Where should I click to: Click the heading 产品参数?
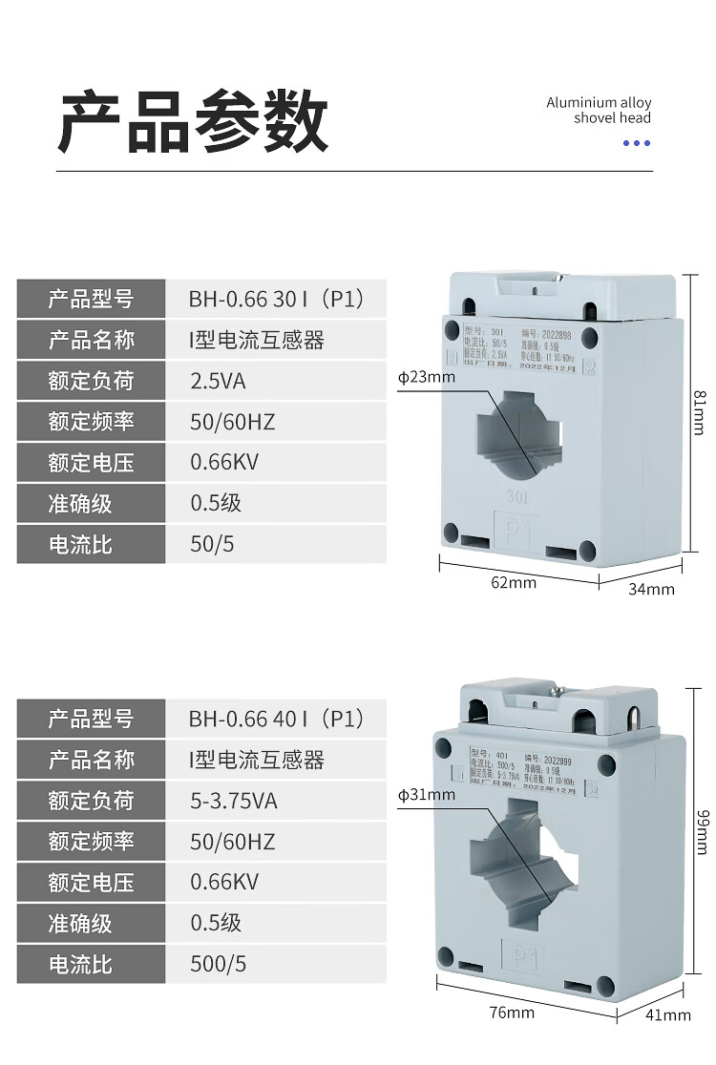(x=194, y=123)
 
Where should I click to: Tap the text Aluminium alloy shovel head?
(x=599, y=111)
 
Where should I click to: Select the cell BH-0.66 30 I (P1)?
(x=277, y=300)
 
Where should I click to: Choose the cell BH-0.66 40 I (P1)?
(x=277, y=719)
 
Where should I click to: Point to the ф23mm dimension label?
(x=427, y=376)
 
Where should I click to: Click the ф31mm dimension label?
(x=427, y=794)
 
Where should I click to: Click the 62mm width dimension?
(x=514, y=582)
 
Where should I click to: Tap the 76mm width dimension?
(x=512, y=1012)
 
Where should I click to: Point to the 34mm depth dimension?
(x=651, y=589)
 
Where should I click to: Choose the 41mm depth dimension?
(x=667, y=1014)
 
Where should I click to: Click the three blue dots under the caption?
(x=636, y=143)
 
